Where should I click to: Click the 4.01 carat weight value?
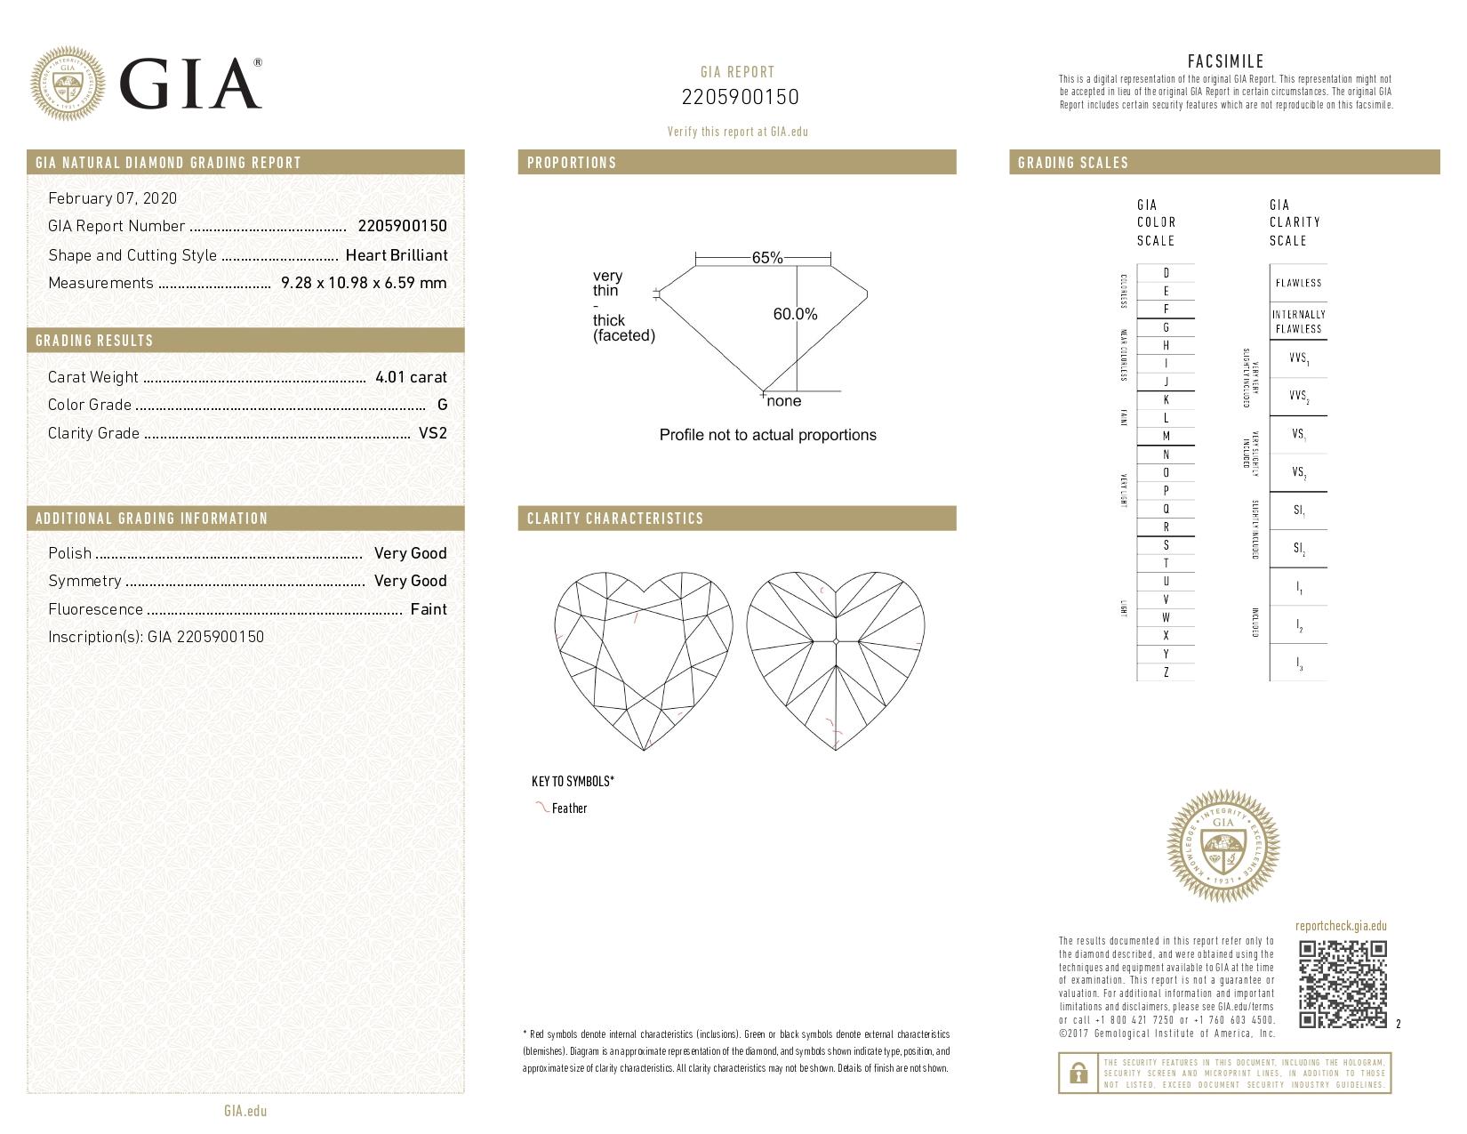point(411,377)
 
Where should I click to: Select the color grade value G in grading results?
point(442,405)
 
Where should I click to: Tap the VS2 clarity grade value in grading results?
point(432,433)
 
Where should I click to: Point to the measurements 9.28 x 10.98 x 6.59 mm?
point(363,283)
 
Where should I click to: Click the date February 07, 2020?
point(112,198)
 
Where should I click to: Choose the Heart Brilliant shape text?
point(396,255)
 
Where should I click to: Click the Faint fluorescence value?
point(428,609)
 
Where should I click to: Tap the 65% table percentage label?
point(766,258)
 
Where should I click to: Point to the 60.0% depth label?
point(795,314)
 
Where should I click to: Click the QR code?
point(1342,984)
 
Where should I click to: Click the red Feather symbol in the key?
point(540,808)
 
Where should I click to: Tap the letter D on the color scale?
point(1166,273)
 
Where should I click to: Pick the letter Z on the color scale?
point(1166,672)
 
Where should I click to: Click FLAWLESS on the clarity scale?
point(1298,283)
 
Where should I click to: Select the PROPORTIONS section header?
point(572,163)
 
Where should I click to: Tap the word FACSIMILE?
point(1225,61)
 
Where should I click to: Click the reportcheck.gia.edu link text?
point(1341,926)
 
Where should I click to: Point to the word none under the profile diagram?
point(783,401)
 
